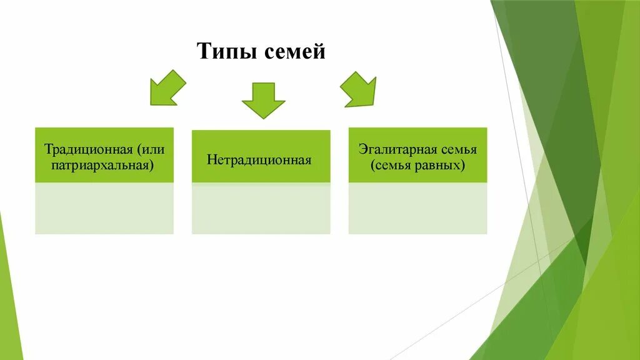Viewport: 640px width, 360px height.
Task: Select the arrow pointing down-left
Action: (167, 87)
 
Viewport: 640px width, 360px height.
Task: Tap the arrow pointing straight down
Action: (263, 100)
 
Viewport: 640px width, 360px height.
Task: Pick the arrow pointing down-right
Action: (359, 89)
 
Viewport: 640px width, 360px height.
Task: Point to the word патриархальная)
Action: (104, 166)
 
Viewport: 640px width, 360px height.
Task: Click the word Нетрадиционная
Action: (259, 160)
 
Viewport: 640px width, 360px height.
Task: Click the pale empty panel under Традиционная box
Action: (104, 208)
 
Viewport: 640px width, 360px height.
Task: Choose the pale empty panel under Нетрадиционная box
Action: (261, 208)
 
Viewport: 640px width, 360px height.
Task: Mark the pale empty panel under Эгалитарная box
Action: (417, 208)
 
